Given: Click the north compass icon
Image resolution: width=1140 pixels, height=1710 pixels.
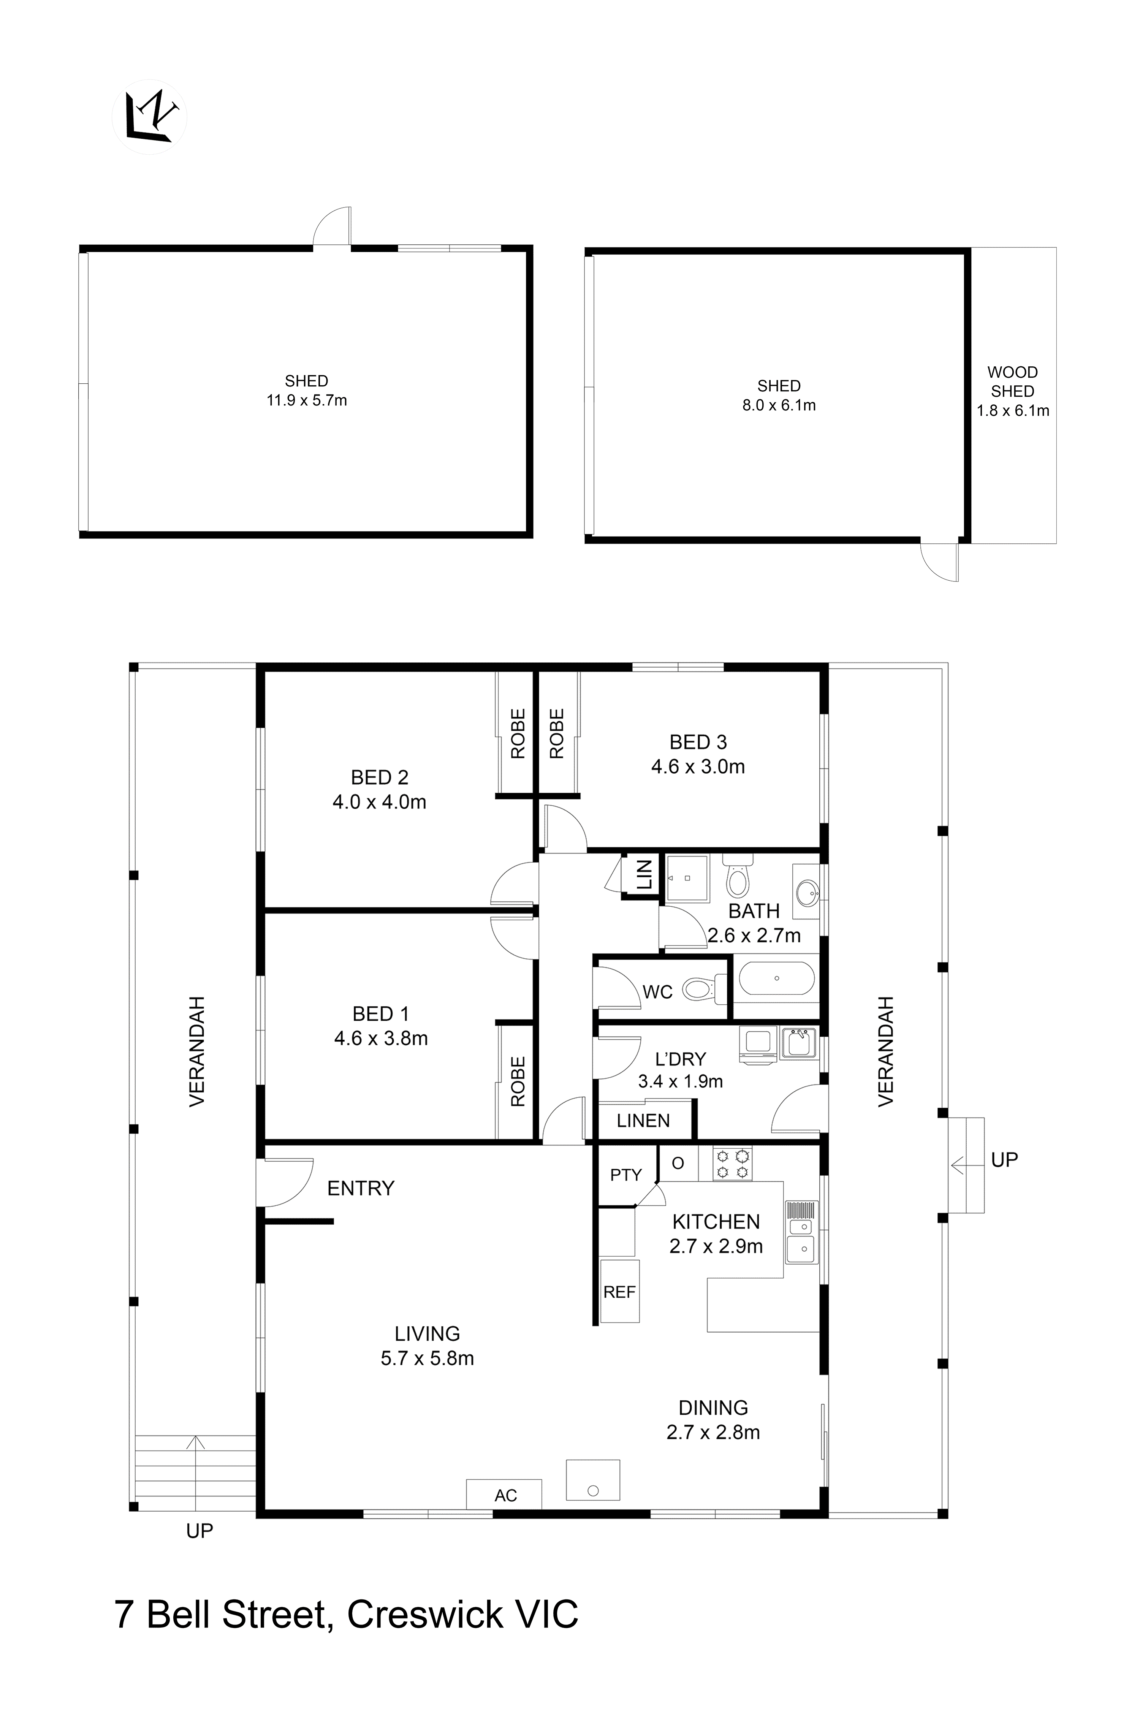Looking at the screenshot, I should pos(149,116).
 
